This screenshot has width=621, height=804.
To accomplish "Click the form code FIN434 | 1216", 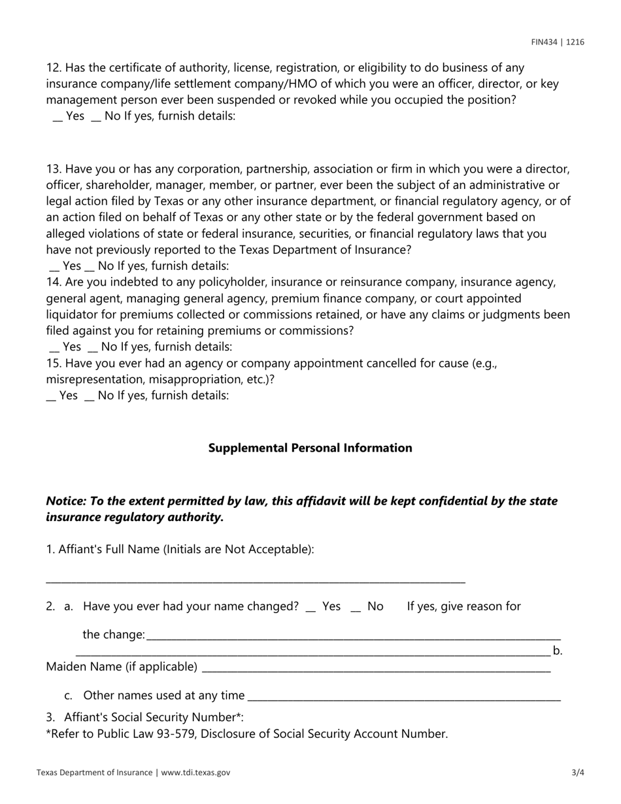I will pyautogui.click(x=558, y=42).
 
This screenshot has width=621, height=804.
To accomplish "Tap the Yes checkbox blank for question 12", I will pyautogui.click(x=58, y=117).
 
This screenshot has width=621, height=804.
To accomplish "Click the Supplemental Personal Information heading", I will pyautogui.click(x=310, y=448).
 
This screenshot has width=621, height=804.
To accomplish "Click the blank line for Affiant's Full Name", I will pyautogui.click(x=255, y=580).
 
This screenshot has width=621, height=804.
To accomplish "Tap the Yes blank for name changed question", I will pyautogui.click(x=310, y=608).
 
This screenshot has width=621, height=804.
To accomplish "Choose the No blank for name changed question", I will pyautogui.click(x=356, y=608).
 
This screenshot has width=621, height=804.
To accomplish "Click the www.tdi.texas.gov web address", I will pyautogui.click(x=195, y=772).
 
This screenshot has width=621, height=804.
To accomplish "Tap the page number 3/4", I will pyautogui.click(x=577, y=772).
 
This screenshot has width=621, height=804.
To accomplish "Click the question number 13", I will pyautogui.click(x=53, y=169).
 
